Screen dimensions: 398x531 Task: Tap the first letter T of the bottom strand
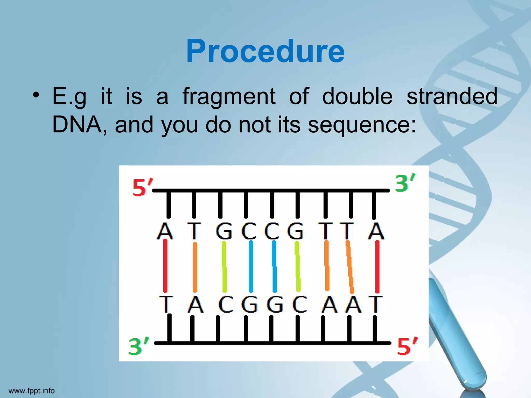(166, 304)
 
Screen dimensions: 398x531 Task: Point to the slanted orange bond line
(350, 267)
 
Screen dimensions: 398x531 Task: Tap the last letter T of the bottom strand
(375, 304)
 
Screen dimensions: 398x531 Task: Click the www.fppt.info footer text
(32, 390)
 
